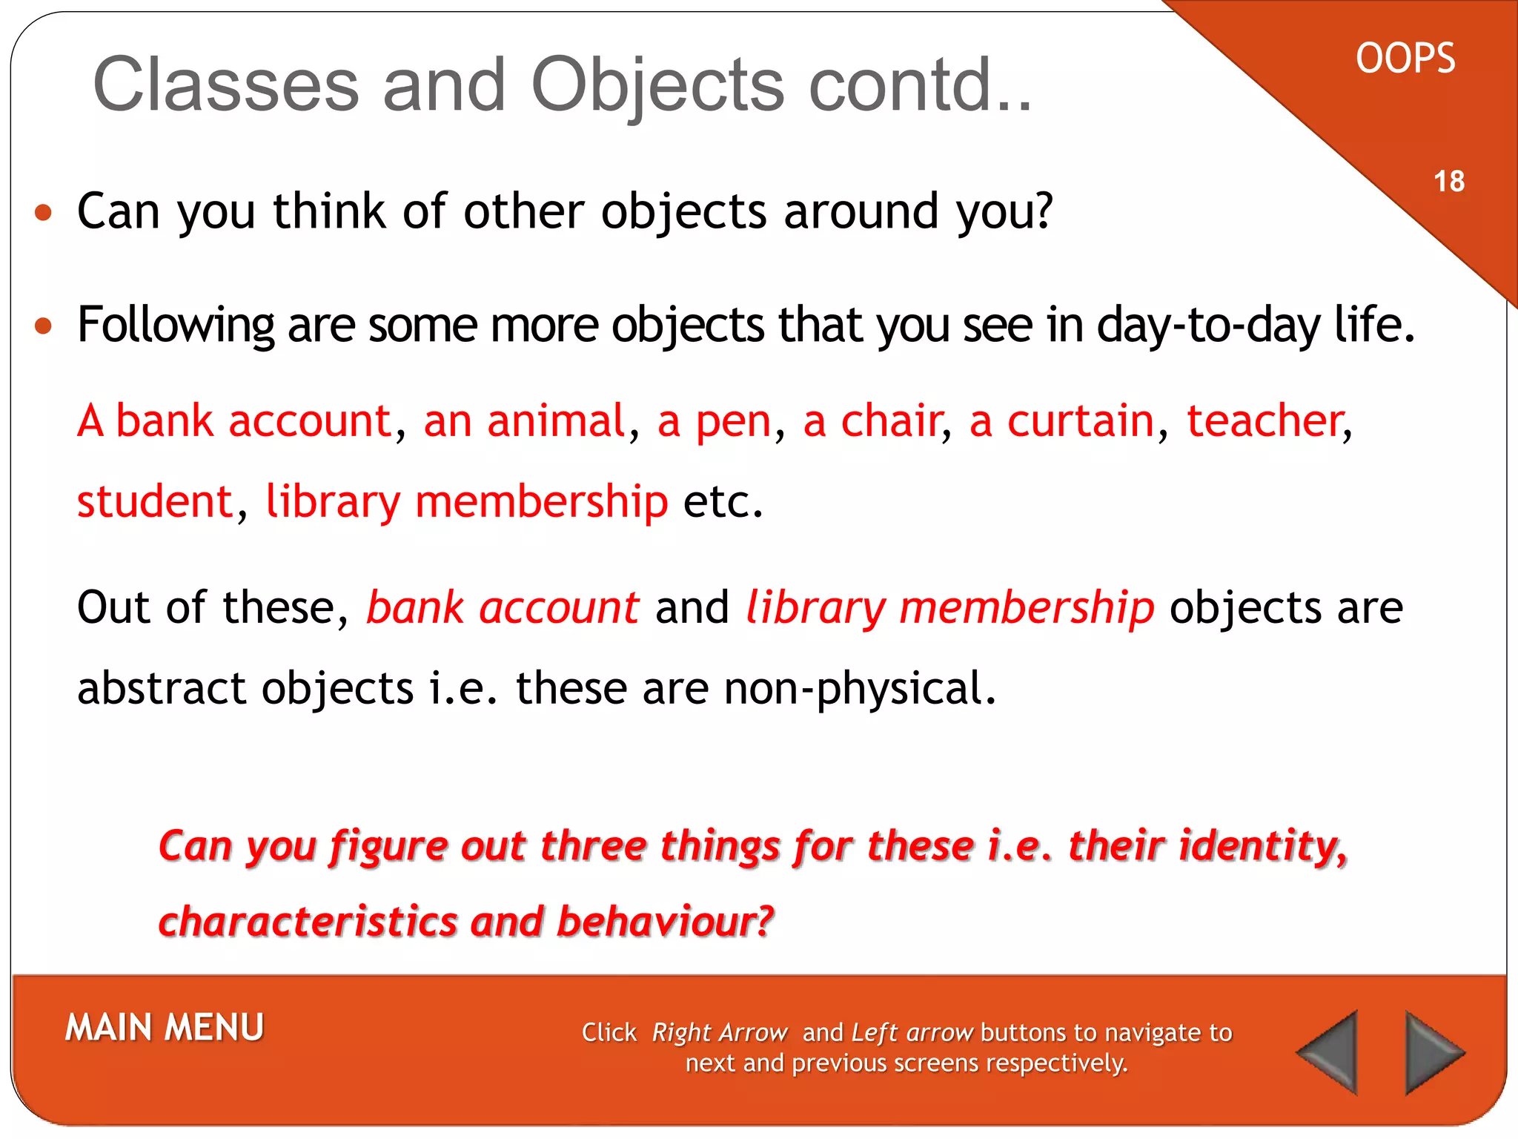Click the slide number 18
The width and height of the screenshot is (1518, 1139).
pyautogui.click(x=1449, y=181)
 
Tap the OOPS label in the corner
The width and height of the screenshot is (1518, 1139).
pyautogui.click(x=1405, y=59)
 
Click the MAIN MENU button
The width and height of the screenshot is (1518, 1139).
pyautogui.click(x=165, y=1028)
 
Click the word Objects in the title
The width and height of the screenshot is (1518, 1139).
pyautogui.click(x=657, y=85)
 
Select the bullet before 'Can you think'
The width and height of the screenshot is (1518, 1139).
pyautogui.click(x=44, y=214)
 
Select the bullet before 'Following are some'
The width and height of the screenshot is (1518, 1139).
pyautogui.click(x=44, y=326)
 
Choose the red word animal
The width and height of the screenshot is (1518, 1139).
pyautogui.click(x=556, y=421)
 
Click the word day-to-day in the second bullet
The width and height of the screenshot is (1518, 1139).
pyautogui.click(x=1208, y=326)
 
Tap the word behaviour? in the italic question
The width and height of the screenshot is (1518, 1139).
pyautogui.click(x=665, y=922)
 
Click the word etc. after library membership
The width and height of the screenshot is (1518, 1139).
pyautogui.click(x=723, y=502)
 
